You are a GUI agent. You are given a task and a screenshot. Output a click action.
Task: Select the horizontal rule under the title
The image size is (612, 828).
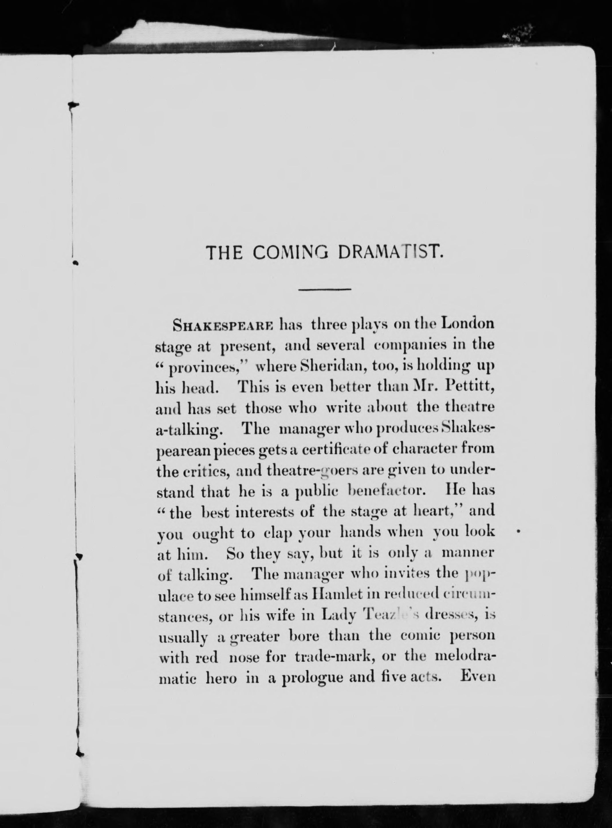(x=324, y=289)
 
